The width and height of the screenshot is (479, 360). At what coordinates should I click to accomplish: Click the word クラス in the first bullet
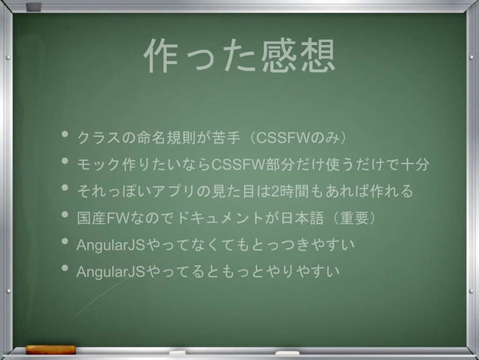click(x=97, y=139)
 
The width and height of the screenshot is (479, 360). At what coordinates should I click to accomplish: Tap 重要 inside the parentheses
click(x=360, y=219)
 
